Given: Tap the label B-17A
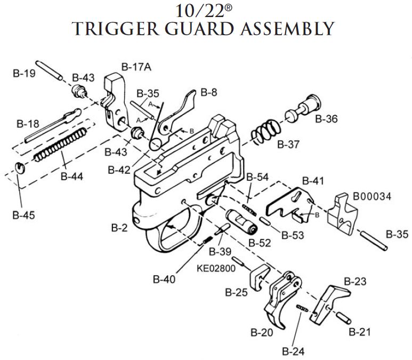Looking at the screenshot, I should coord(136,67).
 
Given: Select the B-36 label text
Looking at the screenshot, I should coord(326,119).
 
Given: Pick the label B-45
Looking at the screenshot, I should coord(23,215).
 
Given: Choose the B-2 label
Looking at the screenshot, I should coord(119,228).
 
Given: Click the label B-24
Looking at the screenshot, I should coord(293,351).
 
